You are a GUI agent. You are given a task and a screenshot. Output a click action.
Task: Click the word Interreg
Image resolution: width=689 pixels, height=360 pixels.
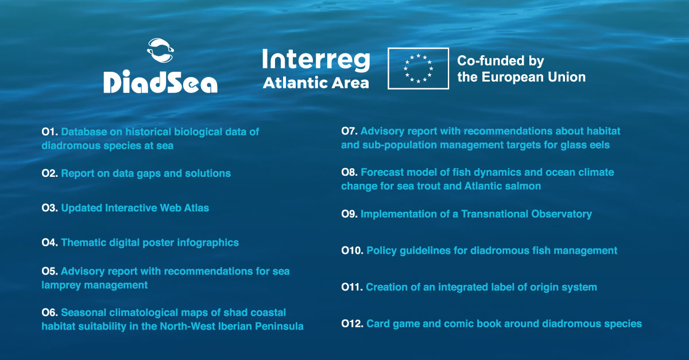[316, 60]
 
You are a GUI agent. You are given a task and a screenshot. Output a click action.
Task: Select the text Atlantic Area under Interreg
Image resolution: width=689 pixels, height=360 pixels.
[316, 83]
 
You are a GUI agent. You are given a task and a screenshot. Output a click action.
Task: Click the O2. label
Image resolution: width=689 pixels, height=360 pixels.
[50, 173]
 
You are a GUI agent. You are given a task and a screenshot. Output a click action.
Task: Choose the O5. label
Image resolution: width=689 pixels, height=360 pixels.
[50, 271]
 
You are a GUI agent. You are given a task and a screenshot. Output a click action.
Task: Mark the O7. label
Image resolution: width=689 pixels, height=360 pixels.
[350, 131]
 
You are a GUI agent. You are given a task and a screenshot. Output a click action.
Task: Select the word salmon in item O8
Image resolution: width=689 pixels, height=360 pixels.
[525, 186]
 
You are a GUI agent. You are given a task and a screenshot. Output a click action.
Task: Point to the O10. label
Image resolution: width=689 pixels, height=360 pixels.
[352, 250]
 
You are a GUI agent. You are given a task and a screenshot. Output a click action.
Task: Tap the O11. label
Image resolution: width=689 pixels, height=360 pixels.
[351, 287]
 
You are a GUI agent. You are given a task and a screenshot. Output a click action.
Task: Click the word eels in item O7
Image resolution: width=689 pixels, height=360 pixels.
[598, 145]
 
